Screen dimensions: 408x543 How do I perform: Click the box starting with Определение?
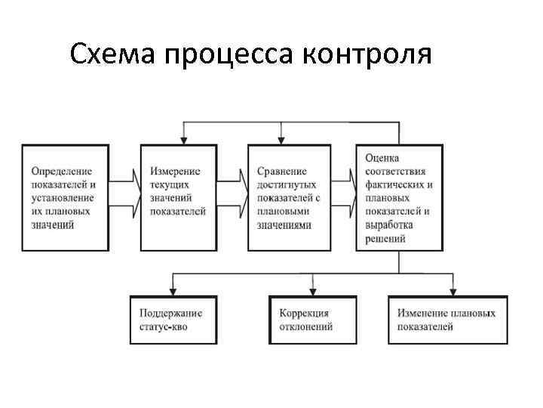(x=64, y=197)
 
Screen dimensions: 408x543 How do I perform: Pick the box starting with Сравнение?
(x=289, y=197)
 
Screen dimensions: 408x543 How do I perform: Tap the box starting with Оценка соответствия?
(x=399, y=197)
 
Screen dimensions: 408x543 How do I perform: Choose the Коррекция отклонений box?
(x=311, y=320)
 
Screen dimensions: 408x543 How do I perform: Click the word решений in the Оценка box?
(x=386, y=240)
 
